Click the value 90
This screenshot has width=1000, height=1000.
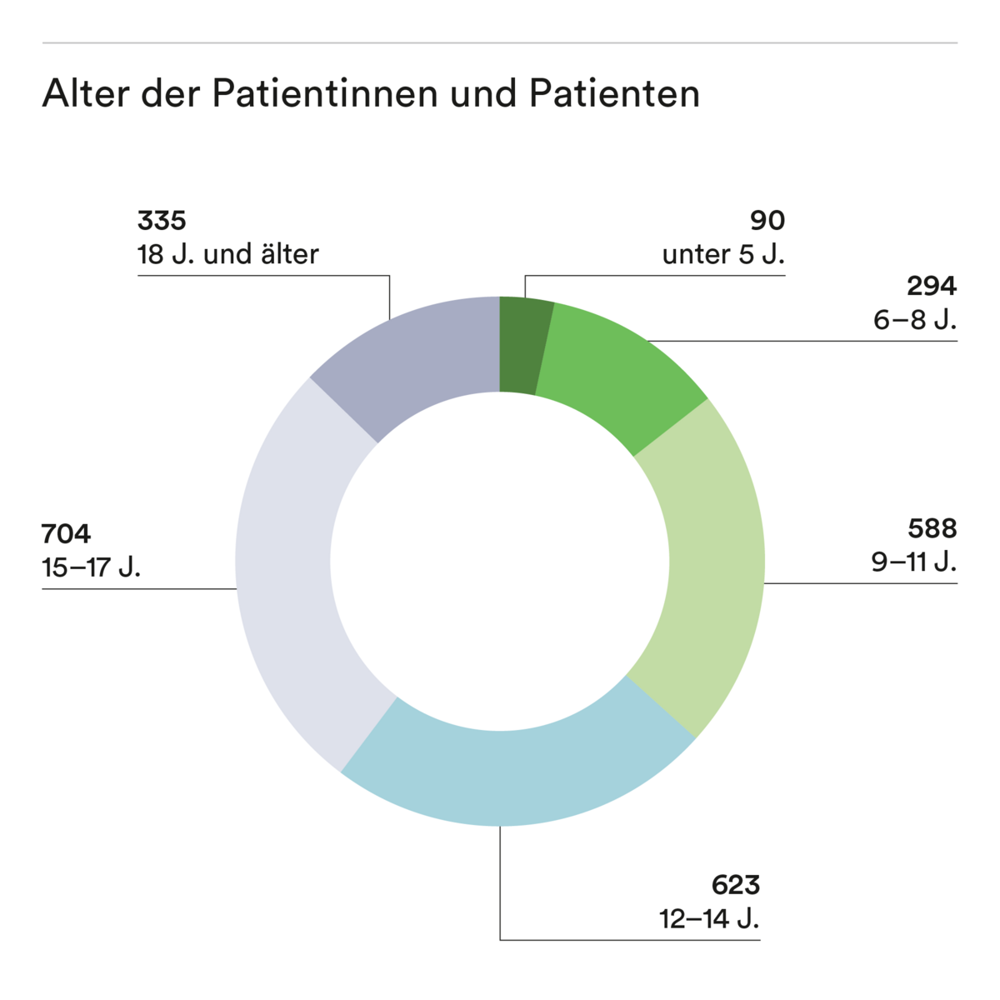coord(767,221)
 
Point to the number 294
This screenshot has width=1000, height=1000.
coord(932,286)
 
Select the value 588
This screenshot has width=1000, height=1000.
coord(932,528)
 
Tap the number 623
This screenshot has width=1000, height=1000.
coord(736,885)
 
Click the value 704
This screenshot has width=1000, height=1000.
coord(67,533)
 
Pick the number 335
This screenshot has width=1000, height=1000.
coord(162,221)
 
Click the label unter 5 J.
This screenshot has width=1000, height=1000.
coord(723,254)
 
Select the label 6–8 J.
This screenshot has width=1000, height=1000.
coord(915,319)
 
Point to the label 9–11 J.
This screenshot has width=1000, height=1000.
coord(914,562)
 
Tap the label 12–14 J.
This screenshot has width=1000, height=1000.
coord(709,918)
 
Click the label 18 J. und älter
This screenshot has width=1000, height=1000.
coord(227,254)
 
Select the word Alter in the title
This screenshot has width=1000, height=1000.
coord(87,93)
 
